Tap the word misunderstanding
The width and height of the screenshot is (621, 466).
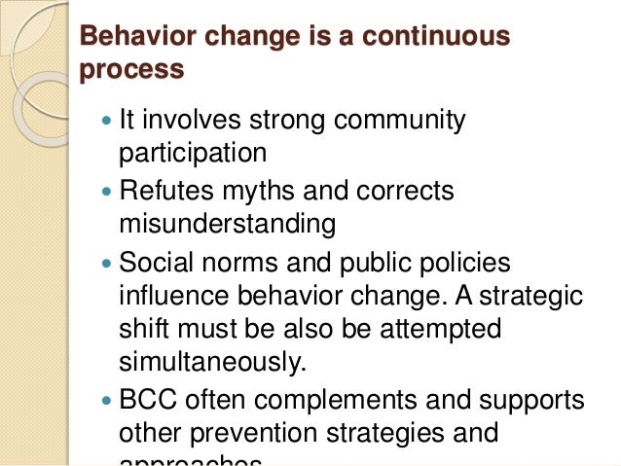pos(227,224)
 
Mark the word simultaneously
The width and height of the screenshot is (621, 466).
pos(212,362)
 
